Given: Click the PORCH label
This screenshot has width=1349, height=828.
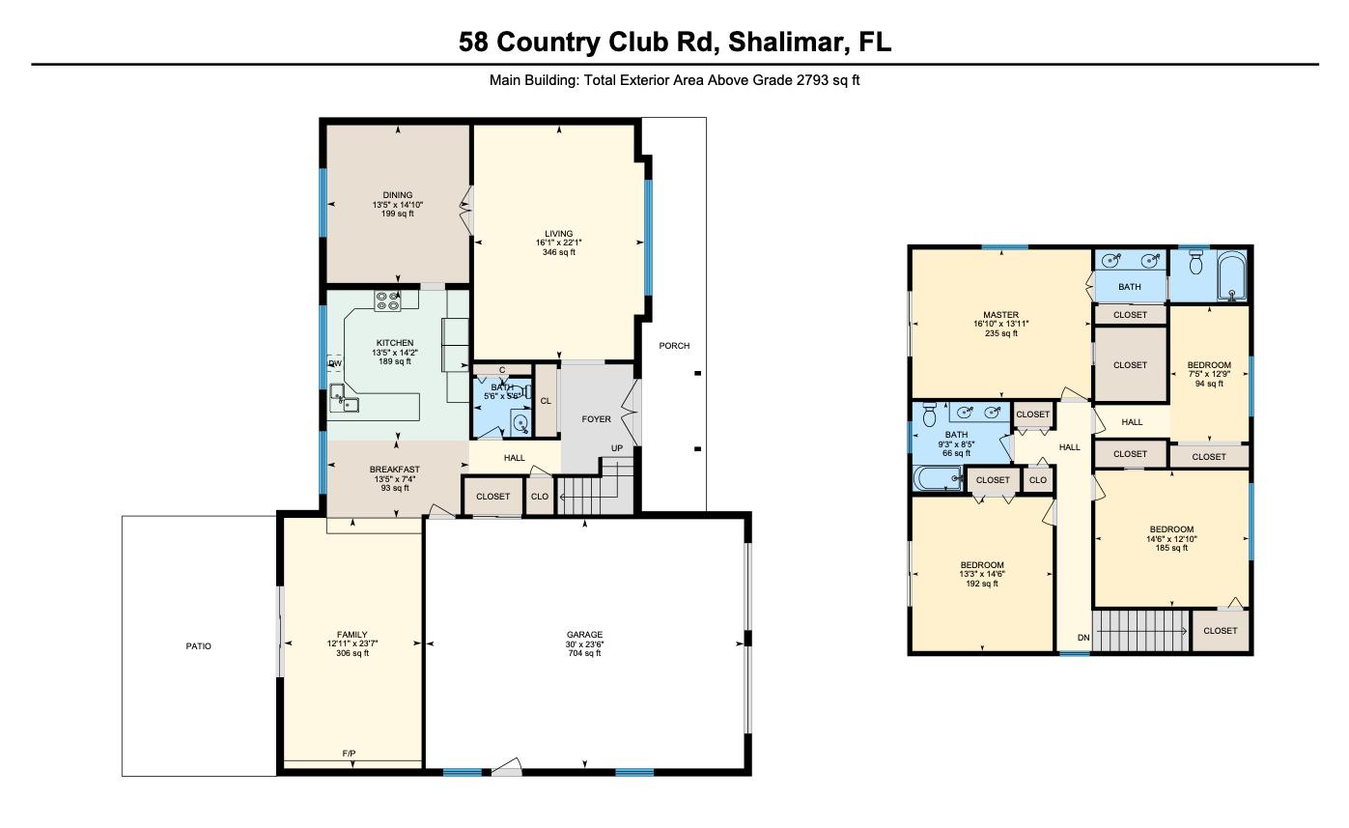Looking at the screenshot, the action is [674, 346].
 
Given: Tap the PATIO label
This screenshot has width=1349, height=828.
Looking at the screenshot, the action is [198, 646].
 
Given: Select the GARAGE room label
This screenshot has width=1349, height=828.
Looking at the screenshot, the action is [583, 635].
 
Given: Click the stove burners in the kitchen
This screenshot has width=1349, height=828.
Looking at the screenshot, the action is [388, 301].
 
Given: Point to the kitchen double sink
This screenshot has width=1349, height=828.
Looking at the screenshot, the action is [344, 398].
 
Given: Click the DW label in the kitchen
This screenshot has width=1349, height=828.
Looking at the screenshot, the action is [335, 364].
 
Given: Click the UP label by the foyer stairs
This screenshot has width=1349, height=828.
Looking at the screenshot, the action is [616, 448].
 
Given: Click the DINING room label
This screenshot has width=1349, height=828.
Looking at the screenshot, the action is [397, 195].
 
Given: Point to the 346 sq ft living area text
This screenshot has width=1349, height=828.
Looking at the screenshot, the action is [558, 252].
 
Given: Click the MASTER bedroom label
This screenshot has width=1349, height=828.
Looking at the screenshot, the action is [1001, 315].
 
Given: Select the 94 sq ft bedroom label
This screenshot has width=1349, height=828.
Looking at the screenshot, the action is [1209, 384].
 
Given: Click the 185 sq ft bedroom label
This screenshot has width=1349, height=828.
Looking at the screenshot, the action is [1171, 548].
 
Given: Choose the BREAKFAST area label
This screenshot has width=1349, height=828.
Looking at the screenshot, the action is [394, 470].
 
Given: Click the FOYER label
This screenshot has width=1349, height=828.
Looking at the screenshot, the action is [596, 419].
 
